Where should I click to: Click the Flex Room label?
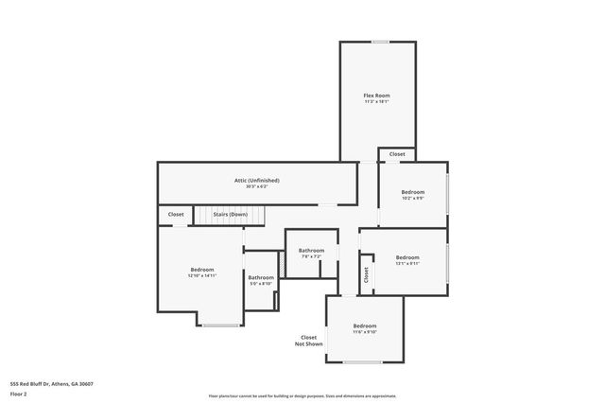point(376,96)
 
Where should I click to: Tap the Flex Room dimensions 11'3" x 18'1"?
point(376,102)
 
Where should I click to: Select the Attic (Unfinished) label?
point(256,180)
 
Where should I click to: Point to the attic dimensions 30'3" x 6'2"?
point(256,186)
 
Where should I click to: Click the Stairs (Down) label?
point(230,215)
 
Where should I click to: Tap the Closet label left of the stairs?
point(176,215)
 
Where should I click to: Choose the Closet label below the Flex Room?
point(397,154)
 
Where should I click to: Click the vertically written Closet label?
point(366,274)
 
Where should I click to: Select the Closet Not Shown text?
point(308,341)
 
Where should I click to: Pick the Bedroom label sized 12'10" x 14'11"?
point(201,270)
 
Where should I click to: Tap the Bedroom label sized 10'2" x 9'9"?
point(412,192)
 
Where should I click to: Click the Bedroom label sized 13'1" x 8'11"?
point(407,257)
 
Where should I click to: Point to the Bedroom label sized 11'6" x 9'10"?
point(365,325)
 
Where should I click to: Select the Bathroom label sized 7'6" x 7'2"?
point(311,250)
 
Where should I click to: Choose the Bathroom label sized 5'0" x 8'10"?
point(261,277)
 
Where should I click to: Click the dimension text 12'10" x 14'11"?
point(201,276)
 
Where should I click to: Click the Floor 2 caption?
point(19,395)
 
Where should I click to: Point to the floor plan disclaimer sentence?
point(302,396)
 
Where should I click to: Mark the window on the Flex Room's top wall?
point(378,42)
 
